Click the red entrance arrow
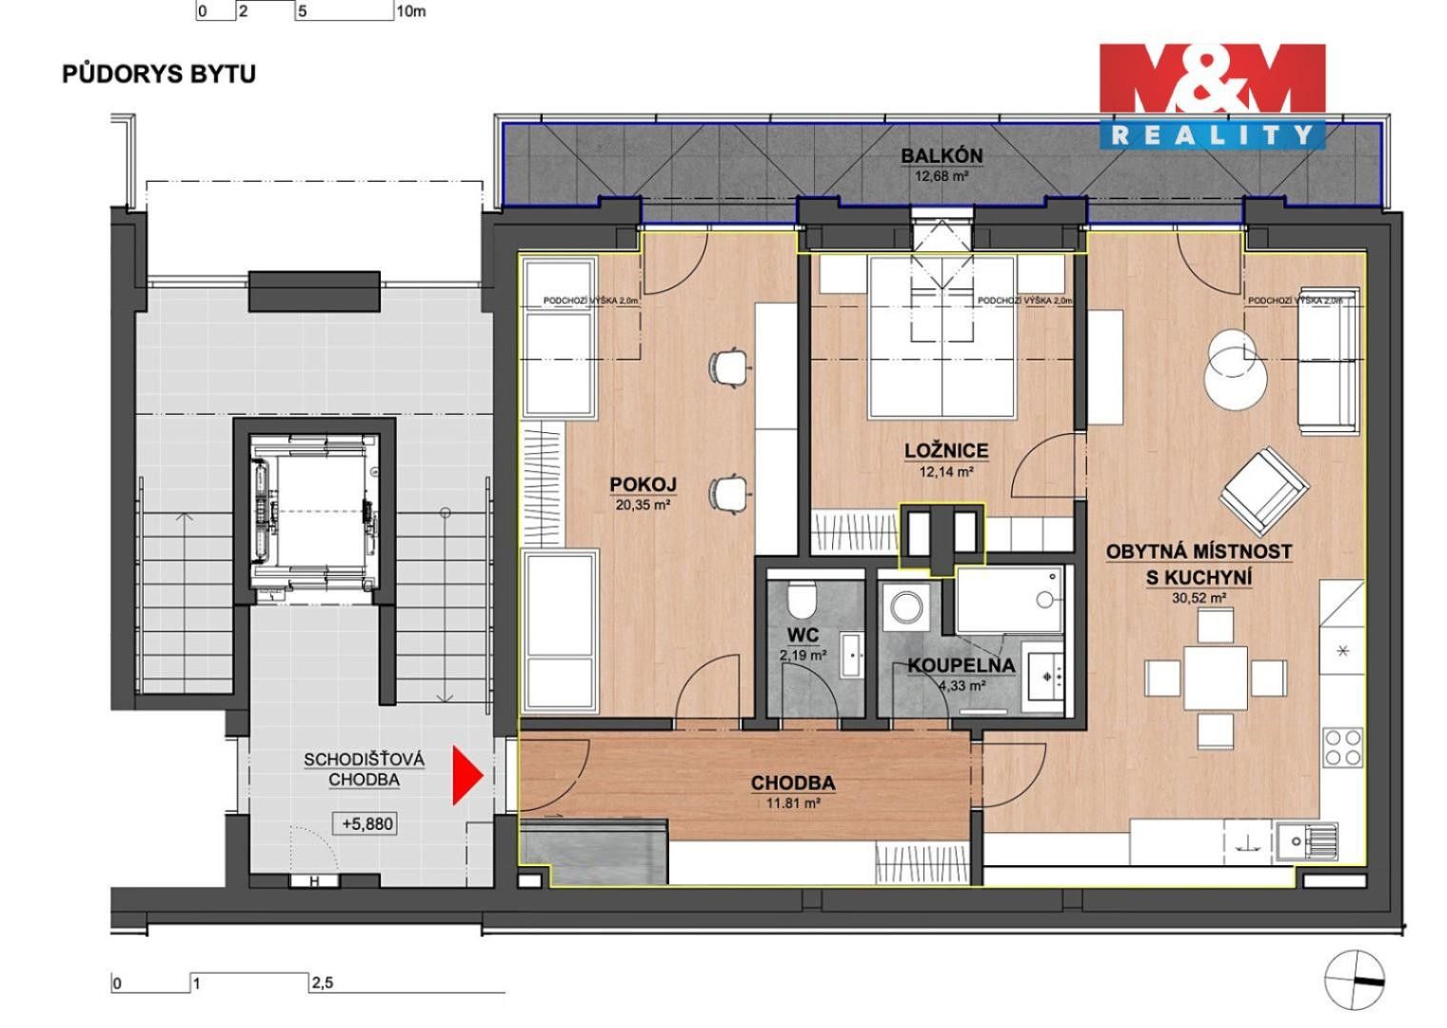(x=466, y=775)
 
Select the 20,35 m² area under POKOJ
(x=643, y=505)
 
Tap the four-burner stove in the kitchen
(x=1342, y=746)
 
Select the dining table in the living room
(x=1216, y=677)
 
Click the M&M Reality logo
(x=1211, y=95)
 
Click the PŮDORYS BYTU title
(x=159, y=74)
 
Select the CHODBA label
(x=792, y=783)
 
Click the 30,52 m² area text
(x=1199, y=599)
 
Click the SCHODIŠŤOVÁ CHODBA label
(x=364, y=769)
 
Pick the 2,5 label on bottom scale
(x=322, y=984)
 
